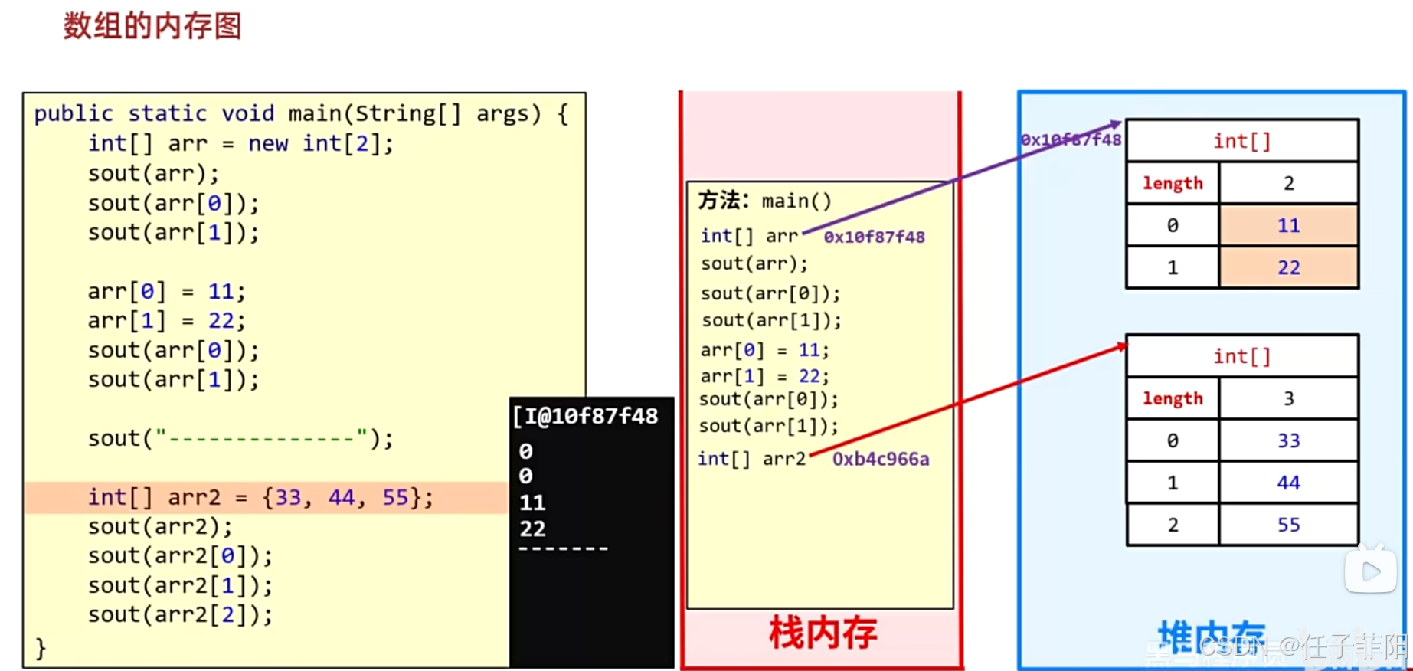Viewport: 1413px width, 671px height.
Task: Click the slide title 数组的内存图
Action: coord(152,26)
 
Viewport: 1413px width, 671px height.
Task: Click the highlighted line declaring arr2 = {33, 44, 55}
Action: coord(260,497)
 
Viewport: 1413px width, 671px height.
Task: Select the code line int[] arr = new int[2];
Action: coord(240,143)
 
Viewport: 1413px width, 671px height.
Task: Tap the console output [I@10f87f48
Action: coord(586,416)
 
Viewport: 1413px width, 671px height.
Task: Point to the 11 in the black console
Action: coord(532,502)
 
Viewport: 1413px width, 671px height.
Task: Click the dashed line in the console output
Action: coord(563,548)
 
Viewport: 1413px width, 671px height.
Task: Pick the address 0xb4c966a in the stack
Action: coord(881,459)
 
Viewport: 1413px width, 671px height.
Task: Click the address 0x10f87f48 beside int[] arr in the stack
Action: coord(874,237)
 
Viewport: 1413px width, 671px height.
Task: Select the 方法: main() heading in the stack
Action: coord(764,201)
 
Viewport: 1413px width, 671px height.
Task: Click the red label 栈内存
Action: coord(823,633)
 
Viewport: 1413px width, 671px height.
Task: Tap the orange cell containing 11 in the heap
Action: coord(1288,225)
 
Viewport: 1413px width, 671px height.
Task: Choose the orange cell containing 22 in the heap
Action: coord(1288,267)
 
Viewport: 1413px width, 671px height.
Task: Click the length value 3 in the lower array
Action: coord(1288,398)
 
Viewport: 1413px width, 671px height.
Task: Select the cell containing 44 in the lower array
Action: coord(1288,483)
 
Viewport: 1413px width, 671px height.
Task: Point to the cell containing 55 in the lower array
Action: coord(1288,525)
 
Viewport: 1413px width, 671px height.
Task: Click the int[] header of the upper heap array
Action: coord(1241,141)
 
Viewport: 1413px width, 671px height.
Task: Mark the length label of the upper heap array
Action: coord(1173,183)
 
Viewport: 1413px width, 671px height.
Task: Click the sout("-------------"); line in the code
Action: coord(240,438)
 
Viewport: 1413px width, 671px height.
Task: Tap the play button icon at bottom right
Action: coord(1371,571)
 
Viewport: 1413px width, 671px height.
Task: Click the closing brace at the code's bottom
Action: coord(41,648)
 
